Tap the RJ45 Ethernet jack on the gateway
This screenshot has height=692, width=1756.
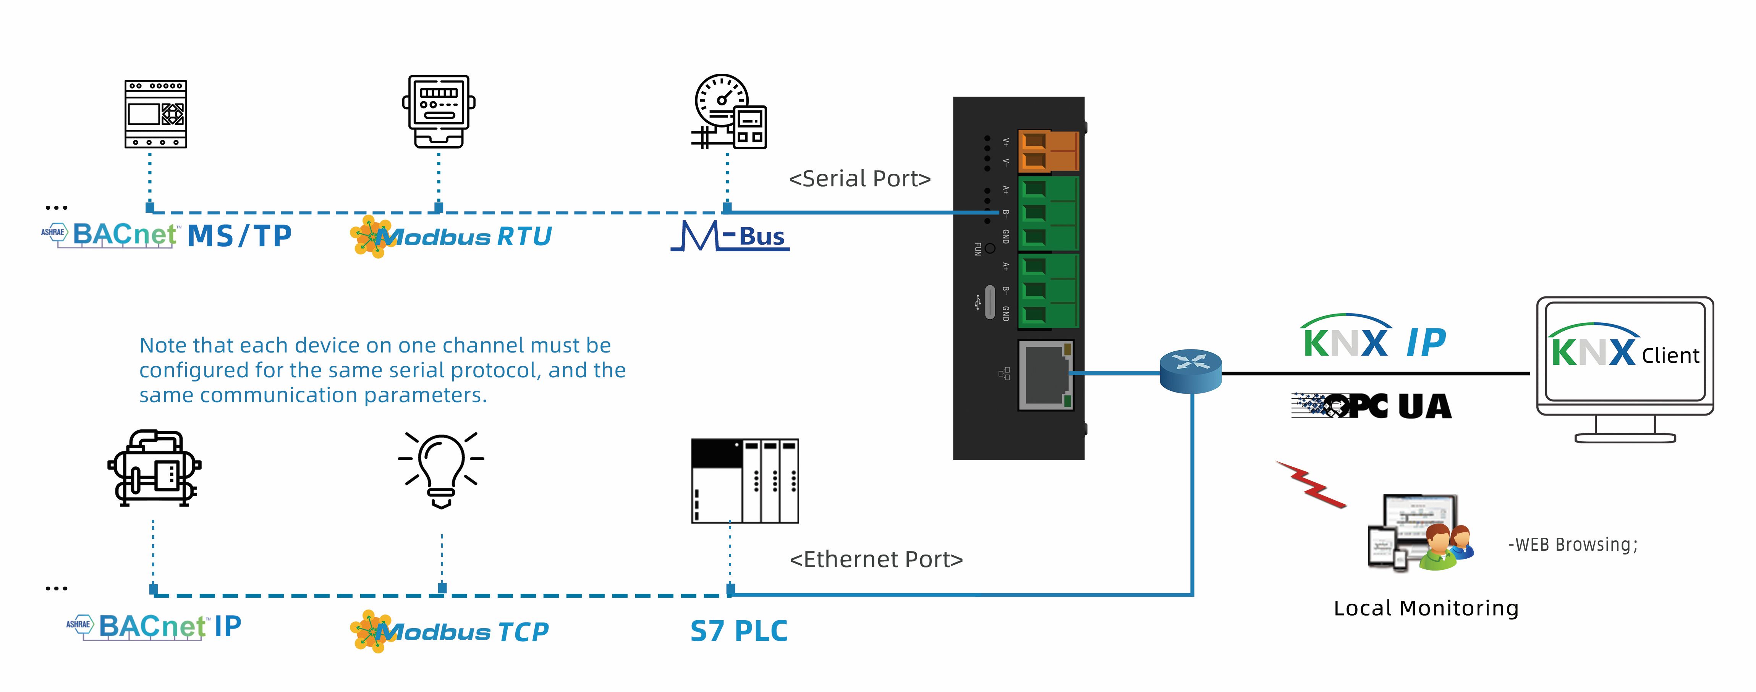[1046, 375]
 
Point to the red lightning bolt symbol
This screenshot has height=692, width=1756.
[1310, 485]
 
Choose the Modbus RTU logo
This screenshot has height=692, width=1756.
[451, 236]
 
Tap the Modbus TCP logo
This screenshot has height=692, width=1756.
[450, 631]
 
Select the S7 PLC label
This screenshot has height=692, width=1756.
[738, 631]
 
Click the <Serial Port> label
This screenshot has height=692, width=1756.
[859, 179]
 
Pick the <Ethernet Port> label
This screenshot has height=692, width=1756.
[876, 559]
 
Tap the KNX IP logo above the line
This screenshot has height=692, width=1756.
[1373, 338]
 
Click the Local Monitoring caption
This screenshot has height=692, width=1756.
[1425, 608]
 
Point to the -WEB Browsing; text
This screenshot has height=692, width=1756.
[1572, 545]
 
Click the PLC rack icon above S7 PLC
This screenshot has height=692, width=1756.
[744, 481]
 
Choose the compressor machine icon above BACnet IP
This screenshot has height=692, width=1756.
[154, 468]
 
